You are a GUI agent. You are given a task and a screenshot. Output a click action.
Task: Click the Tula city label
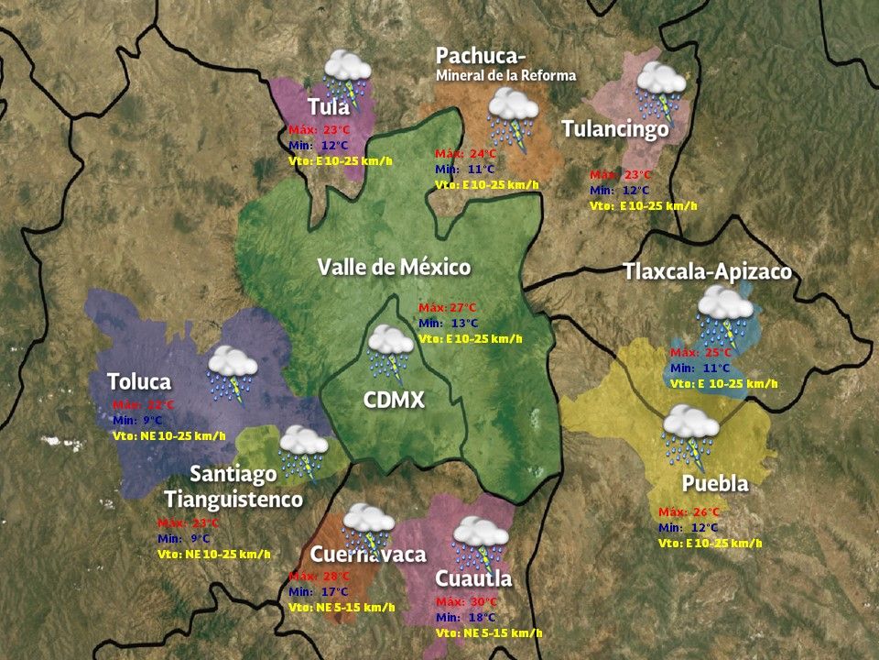coord(329,106)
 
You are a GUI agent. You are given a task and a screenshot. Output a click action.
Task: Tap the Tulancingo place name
coord(615,129)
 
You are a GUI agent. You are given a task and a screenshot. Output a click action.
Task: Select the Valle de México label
coord(394,268)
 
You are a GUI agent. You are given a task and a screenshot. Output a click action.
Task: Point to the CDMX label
coord(394,400)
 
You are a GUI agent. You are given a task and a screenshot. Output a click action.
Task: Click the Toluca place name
coord(139,381)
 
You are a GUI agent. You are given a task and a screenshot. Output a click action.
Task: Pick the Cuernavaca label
coord(368,555)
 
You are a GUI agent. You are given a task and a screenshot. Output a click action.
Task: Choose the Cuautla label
coord(473,579)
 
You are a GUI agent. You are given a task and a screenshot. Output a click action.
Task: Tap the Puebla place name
coord(715,483)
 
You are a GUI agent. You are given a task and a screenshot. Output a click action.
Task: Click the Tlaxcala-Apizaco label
coord(707,272)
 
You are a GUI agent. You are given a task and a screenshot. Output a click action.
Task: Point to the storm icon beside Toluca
coord(232,372)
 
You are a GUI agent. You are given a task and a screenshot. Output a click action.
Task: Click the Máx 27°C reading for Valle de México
coord(448,307)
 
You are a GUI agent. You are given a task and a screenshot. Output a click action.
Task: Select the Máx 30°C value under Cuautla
coord(467,602)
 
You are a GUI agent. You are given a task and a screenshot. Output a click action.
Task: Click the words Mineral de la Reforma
coord(506,75)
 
